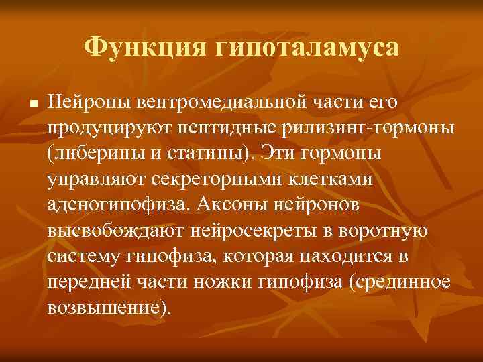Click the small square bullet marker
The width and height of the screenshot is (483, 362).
pos(32,105)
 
